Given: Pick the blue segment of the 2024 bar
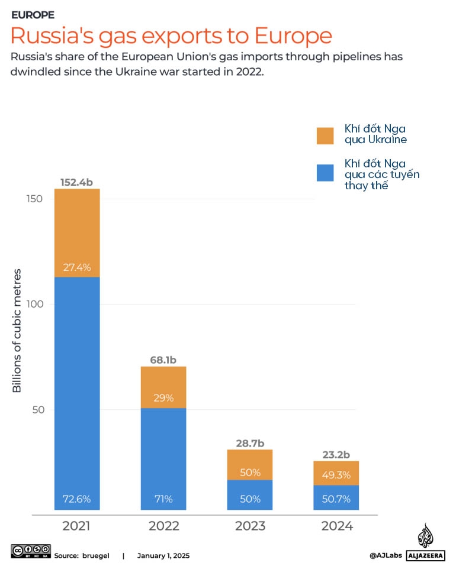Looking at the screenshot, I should (336, 497).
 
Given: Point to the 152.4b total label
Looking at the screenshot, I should (77, 182).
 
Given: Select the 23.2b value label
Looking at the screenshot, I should (336, 454).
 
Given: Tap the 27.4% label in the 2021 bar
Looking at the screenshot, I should (77, 267).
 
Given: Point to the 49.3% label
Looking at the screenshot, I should (336, 474).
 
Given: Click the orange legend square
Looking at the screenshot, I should (325, 135).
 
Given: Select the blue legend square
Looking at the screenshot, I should (325, 173).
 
